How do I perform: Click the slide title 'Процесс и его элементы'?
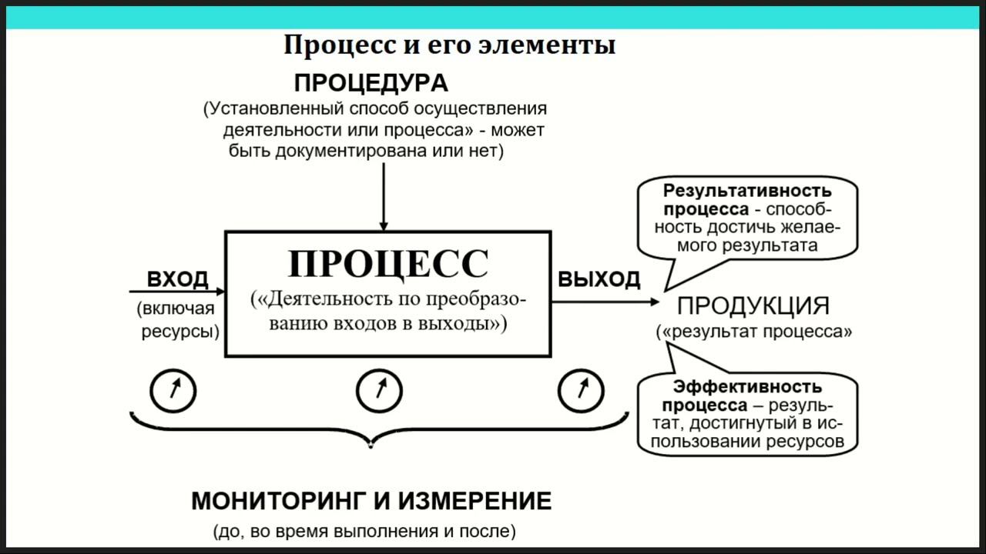point(449,45)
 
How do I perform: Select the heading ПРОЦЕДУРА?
point(371,83)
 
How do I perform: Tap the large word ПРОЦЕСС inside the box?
point(387,264)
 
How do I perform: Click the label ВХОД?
point(177,279)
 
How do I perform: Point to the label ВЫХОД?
point(599,279)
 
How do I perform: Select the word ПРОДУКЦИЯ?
point(753,305)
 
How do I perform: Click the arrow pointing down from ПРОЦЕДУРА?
point(383,197)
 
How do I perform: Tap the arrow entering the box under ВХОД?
point(177,292)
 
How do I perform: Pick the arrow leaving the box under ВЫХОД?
point(605,302)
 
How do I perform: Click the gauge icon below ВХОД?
point(173,391)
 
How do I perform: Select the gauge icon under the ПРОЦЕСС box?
point(379,391)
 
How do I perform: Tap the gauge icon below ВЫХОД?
point(581,391)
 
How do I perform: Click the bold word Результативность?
point(747,190)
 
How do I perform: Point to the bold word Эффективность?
point(747,386)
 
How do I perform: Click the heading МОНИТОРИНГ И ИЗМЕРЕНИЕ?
point(371,502)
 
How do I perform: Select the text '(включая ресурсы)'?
point(179,321)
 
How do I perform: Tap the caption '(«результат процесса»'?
point(753,332)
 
